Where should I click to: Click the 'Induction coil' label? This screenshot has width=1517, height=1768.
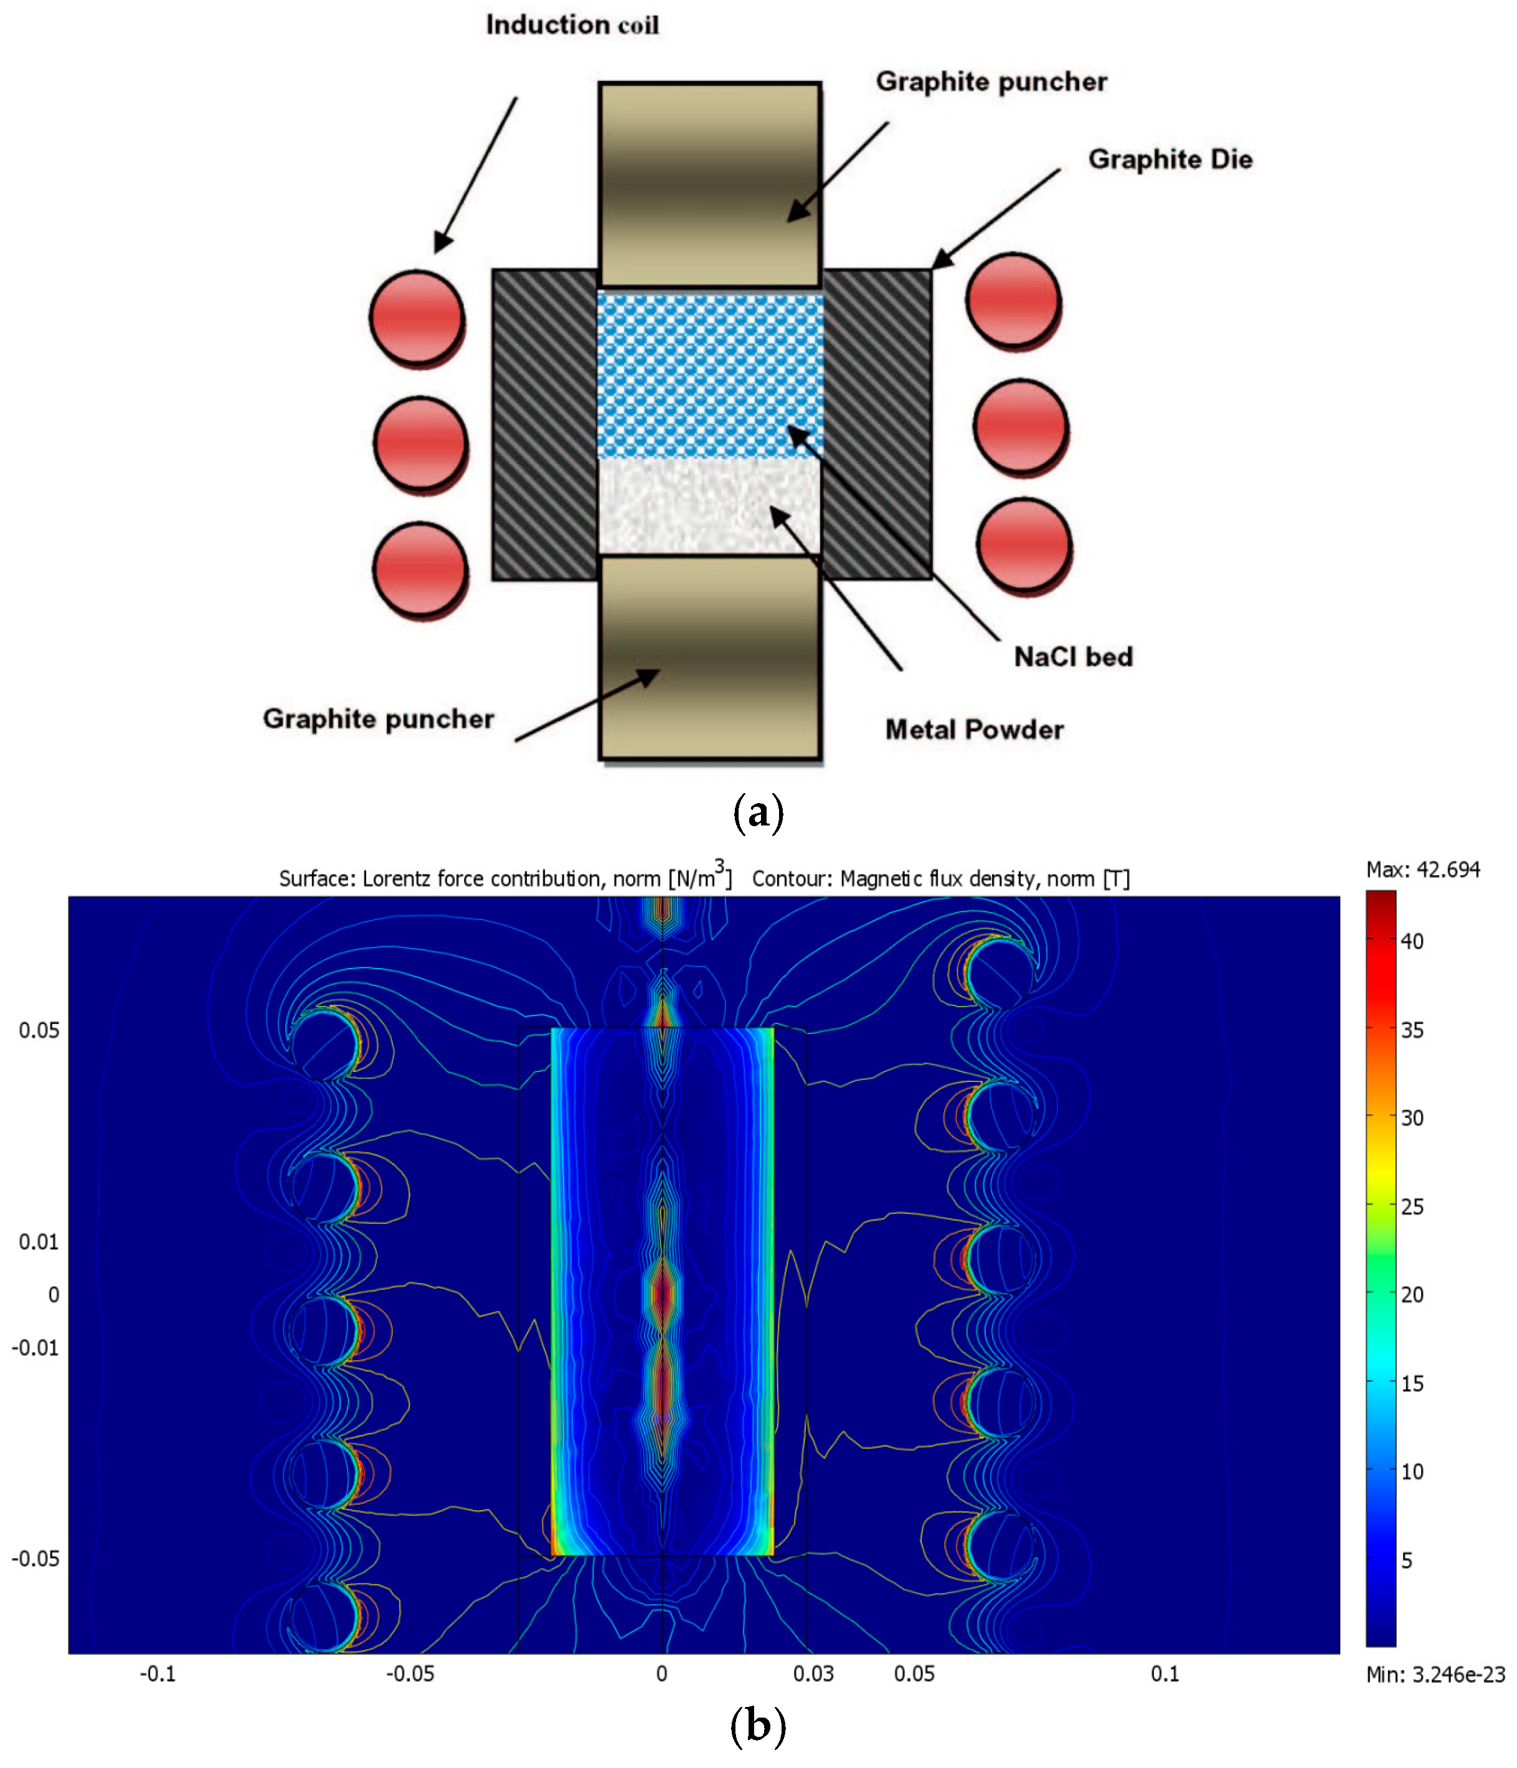tap(571, 26)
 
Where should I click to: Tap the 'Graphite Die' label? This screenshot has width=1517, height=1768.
tap(1169, 159)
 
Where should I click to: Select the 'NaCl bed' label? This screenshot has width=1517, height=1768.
tap(1072, 656)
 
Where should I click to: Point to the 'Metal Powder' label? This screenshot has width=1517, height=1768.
tap(973, 730)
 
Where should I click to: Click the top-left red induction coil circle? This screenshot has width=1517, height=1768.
tap(417, 317)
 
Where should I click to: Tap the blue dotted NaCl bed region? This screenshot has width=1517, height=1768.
tap(709, 375)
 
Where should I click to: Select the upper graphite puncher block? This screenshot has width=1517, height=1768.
tap(709, 184)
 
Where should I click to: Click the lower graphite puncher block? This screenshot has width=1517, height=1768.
tap(709, 657)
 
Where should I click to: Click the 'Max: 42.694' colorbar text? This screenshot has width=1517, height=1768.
tap(1422, 870)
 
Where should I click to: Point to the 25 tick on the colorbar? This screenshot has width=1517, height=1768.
tap(1411, 1206)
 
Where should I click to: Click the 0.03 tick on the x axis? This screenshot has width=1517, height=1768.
tap(813, 1674)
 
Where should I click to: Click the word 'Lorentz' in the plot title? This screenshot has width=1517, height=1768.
tap(400, 879)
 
